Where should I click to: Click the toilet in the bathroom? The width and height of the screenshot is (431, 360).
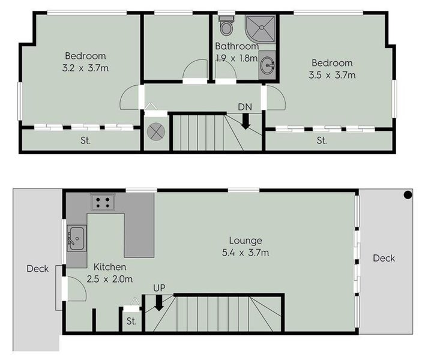point(226,26)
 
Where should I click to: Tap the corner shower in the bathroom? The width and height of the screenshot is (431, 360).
point(260,28)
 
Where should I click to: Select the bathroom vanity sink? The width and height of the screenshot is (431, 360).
point(267,65)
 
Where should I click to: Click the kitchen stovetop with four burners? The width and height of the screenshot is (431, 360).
point(103,202)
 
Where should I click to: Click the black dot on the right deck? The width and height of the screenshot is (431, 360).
point(408,194)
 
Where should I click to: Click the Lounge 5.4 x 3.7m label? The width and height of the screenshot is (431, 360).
point(246,247)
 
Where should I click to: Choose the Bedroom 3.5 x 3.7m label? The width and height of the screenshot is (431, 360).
point(332,69)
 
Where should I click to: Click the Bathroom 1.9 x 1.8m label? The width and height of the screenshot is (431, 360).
point(237,52)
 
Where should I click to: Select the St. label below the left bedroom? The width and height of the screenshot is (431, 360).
point(85,142)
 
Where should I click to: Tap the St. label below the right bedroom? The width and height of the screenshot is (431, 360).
point(322,141)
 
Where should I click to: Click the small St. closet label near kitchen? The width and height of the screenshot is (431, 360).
point(131,321)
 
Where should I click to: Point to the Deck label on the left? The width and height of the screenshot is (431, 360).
point(37,269)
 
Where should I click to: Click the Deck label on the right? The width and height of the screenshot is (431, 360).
point(384,259)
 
